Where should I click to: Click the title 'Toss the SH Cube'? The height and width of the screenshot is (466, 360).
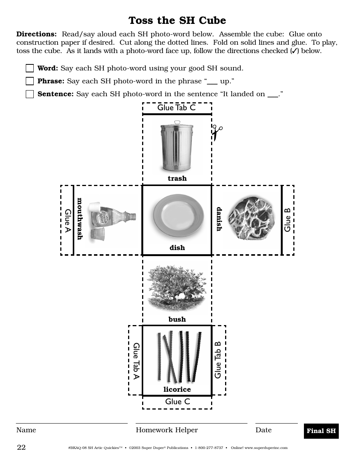click(x=177, y=20)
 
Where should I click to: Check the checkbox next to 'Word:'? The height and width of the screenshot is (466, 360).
click(x=30, y=69)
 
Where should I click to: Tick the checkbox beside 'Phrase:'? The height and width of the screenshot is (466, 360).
click(x=30, y=81)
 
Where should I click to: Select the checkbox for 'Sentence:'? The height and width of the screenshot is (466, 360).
click(x=30, y=94)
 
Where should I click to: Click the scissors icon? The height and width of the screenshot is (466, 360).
click(x=216, y=133)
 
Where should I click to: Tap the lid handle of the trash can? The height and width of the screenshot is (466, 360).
click(x=177, y=122)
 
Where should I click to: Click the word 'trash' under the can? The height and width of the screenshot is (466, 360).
click(x=177, y=178)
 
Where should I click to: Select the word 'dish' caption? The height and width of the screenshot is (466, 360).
click(x=177, y=248)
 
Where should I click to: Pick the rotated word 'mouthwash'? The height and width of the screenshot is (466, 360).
click(x=80, y=219)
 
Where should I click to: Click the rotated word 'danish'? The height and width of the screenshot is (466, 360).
click(x=219, y=219)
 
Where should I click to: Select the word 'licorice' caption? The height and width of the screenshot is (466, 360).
click(x=177, y=389)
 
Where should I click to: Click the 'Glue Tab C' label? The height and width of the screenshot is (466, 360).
click(x=177, y=108)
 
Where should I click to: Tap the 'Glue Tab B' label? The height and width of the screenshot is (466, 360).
click(x=218, y=360)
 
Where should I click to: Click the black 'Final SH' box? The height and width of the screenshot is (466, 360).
click(x=321, y=431)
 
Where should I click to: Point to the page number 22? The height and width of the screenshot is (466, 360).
click(x=21, y=447)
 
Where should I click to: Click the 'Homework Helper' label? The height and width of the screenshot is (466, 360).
click(x=167, y=430)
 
